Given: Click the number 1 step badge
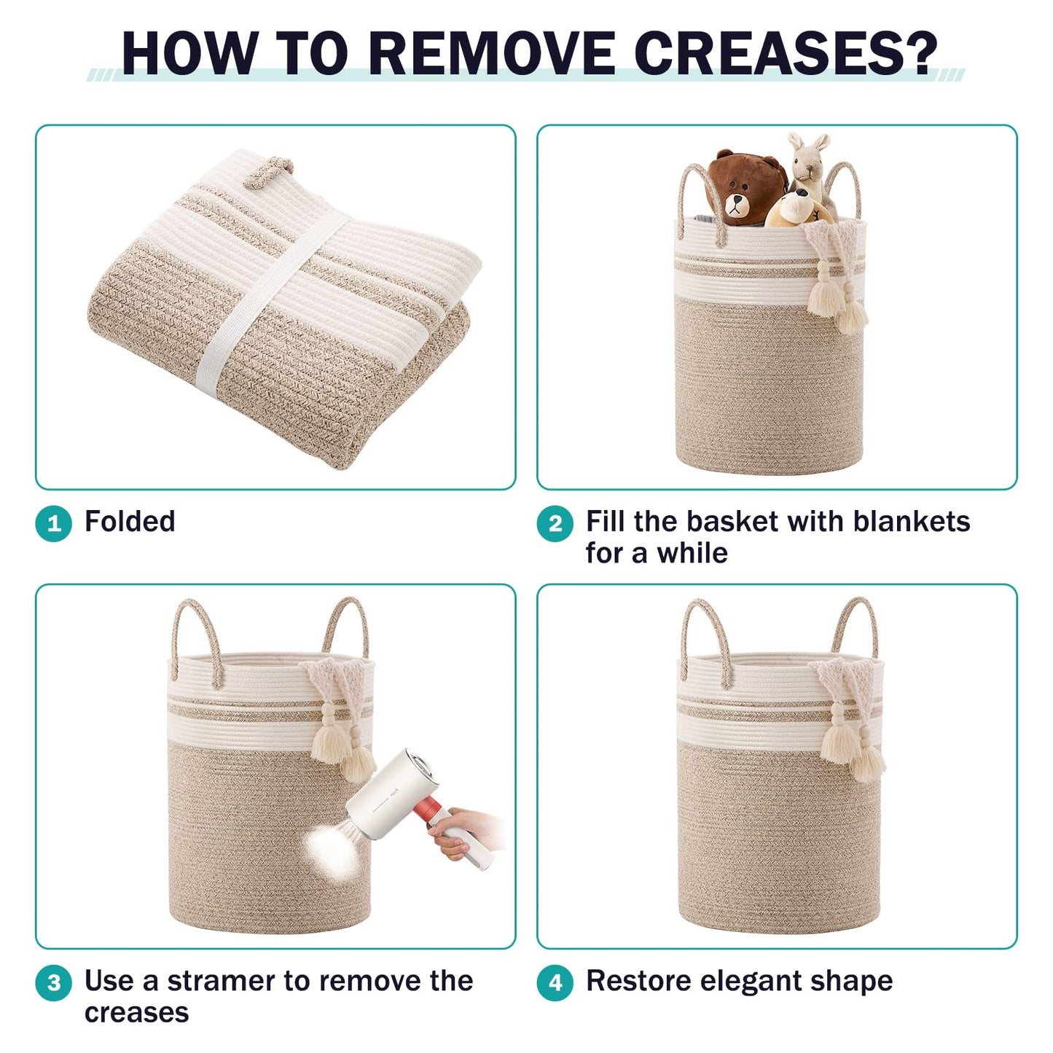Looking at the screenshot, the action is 53,523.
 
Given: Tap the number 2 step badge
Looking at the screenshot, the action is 555,523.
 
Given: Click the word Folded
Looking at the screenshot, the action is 130,521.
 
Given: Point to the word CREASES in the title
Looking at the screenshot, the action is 786,53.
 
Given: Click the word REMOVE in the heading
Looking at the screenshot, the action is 492,53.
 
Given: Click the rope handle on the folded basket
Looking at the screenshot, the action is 267,171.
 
